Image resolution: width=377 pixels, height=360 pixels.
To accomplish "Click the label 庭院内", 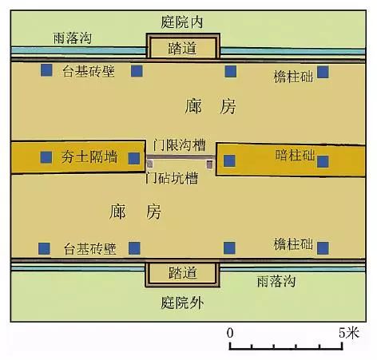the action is pos(182,22).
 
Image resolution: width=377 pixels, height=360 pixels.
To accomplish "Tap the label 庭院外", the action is pos(182,303).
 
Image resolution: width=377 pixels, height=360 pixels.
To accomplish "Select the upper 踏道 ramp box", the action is pos(183,45).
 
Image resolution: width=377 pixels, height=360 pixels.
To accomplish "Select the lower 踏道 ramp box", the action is pos(183,274).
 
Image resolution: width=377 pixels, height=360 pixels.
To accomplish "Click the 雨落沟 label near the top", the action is pos(73,38).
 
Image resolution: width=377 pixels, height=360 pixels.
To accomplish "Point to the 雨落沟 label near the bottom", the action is pos(276,281).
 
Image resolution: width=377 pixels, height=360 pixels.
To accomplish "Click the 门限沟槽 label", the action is pos(179,145).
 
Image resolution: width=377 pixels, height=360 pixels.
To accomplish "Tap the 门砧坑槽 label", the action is pos(172,178).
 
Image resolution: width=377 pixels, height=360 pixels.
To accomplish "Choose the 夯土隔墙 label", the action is pos(89,156).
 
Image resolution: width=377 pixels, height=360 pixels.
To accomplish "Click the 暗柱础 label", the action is pos(295,155).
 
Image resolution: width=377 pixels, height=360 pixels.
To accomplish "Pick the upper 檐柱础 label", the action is pos(293,77).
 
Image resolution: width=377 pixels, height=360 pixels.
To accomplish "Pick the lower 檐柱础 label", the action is pos(293,244).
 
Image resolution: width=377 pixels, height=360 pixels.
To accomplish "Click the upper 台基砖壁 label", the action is pos(89,71).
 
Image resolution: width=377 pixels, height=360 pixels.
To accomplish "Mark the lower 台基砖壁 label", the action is pos(90,249).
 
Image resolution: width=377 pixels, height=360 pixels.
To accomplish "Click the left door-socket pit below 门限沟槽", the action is pos(150,164).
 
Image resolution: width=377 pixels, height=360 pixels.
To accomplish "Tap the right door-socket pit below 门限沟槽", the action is pos(210,164).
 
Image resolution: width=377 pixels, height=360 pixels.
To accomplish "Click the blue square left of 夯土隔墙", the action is pos(46,157).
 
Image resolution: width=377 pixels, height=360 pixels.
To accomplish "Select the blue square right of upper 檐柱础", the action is pos(323,72).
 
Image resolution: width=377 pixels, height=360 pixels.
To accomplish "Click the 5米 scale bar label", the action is pos(349,333).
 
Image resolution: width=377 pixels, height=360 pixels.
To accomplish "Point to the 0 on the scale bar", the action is pos(230,333).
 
